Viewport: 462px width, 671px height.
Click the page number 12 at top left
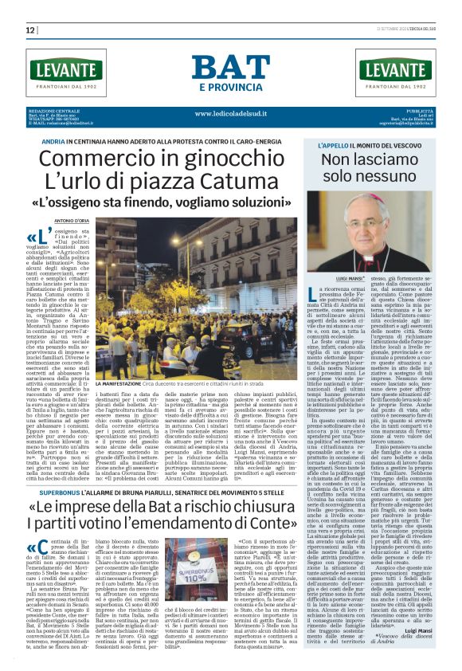tap(30, 30)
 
